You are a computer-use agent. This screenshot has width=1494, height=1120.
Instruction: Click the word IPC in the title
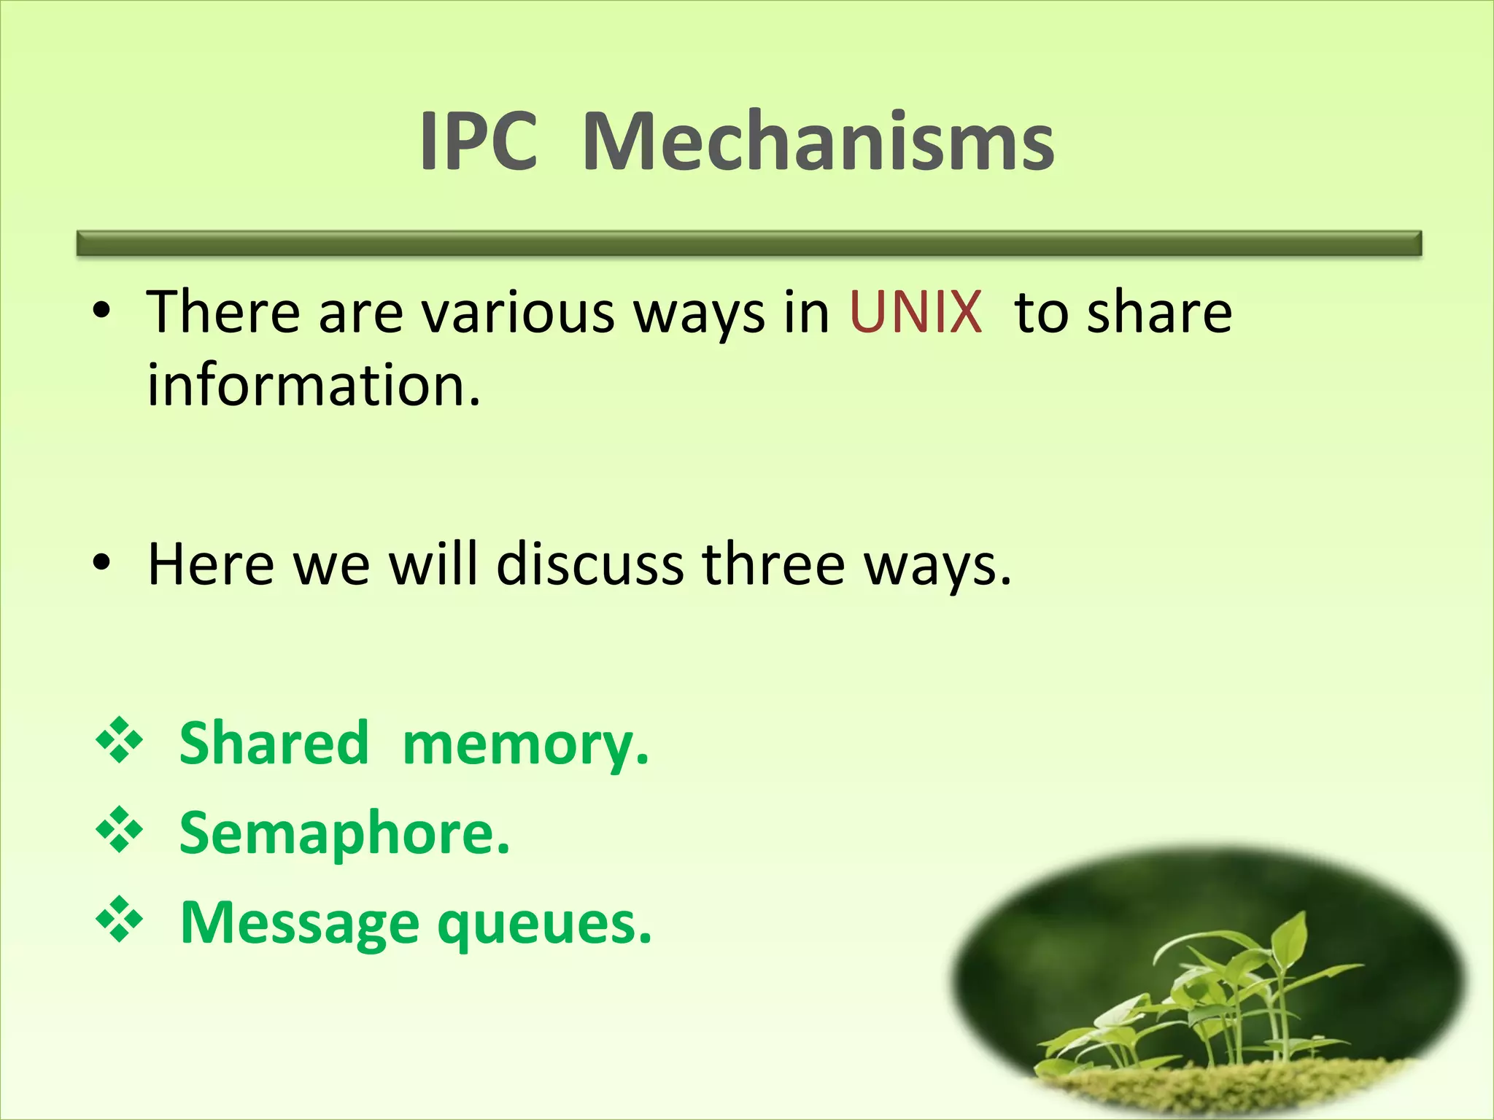tap(479, 141)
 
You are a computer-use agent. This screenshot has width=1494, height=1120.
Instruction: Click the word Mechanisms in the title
tap(818, 141)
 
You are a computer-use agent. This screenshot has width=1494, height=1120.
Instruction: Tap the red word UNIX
tap(916, 312)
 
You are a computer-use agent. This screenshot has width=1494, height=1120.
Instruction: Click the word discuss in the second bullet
tap(590, 564)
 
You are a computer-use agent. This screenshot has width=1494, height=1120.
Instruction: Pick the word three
tap(773, 564)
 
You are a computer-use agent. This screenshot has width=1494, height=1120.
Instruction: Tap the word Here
tap(211, 564)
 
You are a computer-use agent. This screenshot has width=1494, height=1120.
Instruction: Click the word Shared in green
tap(274, 743)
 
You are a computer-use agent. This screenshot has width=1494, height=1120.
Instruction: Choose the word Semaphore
tap(344, 833)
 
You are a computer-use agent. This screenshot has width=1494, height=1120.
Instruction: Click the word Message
tap(299, 924)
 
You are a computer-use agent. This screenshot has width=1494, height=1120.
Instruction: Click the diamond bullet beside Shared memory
tap(119, 742)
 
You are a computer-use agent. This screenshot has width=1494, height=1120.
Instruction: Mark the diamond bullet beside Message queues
tap(119, 920)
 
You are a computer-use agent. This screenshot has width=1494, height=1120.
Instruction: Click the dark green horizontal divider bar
tap(748, 244)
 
